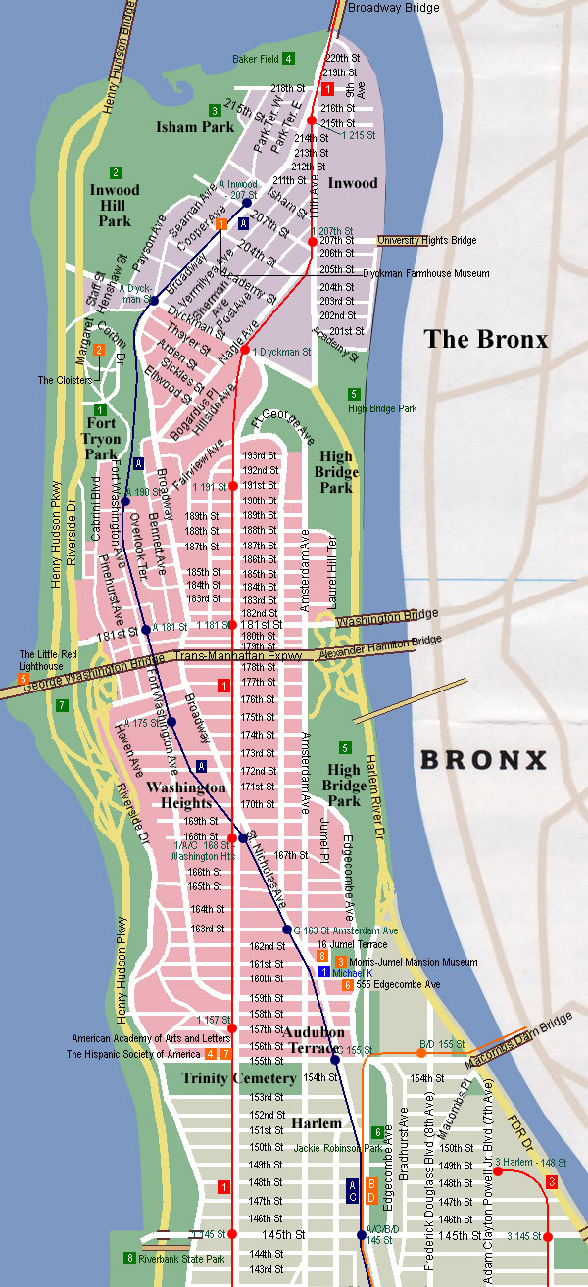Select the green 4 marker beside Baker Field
[x=288, y=58]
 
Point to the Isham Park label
[x=195, y=126]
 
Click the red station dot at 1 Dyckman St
[x=244, y=350]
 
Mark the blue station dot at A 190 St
[x=125, y=501]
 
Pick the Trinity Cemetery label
[x=239, y=1078]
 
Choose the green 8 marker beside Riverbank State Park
[x=129, y=1259]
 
